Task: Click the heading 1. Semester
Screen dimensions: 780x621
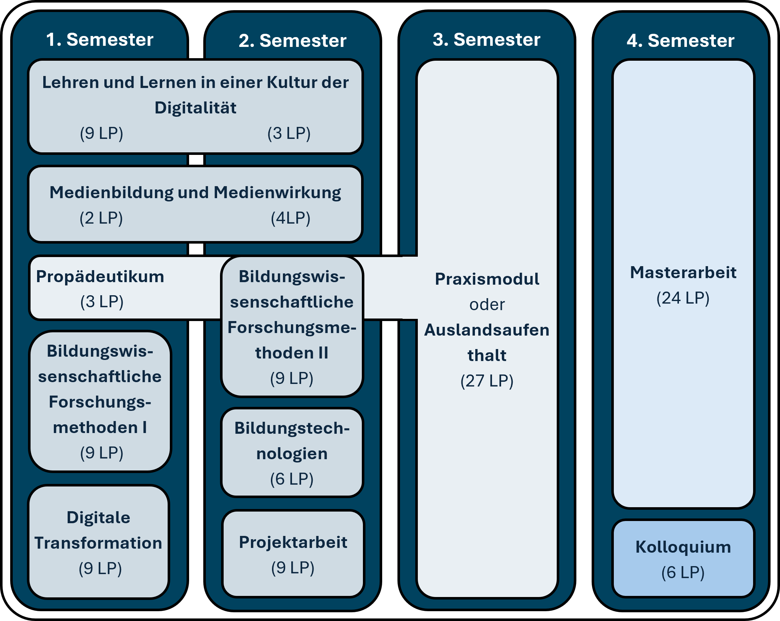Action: click(x=100, y=39)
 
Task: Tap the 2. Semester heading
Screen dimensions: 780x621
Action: click(x=293, y=40)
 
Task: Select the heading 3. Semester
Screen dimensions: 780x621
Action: click(x=487, y=39)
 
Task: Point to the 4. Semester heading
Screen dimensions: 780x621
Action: click(x=681, y=40)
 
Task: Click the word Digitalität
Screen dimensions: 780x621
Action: click(x=196, y=108)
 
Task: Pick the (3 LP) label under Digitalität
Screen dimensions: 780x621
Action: click(x=289, y=133)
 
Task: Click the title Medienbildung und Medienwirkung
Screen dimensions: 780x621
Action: click(x=196, y=193)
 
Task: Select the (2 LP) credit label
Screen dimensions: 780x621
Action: click(x=101, y=218)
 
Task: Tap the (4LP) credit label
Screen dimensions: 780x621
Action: click(x=291, y=218)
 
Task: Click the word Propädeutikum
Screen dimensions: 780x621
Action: click(x=100, y=277)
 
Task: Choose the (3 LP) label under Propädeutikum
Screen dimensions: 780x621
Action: click(x=102, y=302)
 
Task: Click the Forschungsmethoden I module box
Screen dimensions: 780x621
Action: click(x=100, y=401)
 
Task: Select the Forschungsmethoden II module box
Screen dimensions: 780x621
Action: click(x=292, y=326)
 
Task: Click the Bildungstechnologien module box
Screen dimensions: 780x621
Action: click(x=292, y=453)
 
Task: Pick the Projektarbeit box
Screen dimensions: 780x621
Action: click(x=293, y=554)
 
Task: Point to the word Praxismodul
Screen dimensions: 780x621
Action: click(x=487, y=279)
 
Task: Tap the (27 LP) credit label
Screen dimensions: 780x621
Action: click(x=487, y=381)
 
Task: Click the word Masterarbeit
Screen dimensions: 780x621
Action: click(x=683, y=273)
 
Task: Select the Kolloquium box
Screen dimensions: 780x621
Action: click(x=683, y=559)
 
